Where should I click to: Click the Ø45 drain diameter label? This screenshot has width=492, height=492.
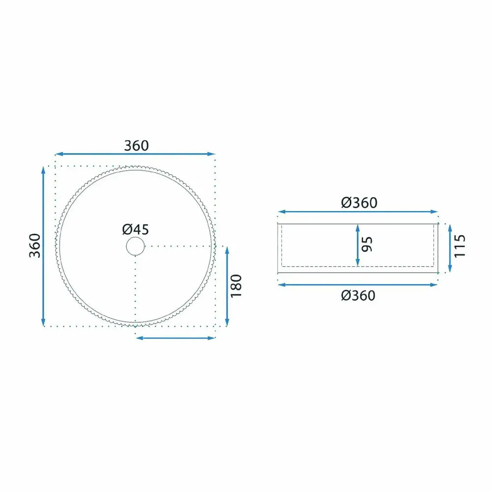[136, 229]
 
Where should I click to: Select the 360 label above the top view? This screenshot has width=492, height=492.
[136, 146]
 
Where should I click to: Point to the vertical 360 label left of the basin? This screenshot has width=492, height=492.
[35, 246]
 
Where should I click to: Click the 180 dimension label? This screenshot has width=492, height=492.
[236, 286]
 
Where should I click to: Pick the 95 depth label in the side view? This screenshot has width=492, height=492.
[367, 244]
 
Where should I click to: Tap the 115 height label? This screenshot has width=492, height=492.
[460, 246]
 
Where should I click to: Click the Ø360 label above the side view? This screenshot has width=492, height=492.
[359, 203]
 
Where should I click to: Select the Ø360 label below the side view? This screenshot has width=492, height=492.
[358, 296]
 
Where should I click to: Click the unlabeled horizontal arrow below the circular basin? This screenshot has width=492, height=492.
[176, 338]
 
